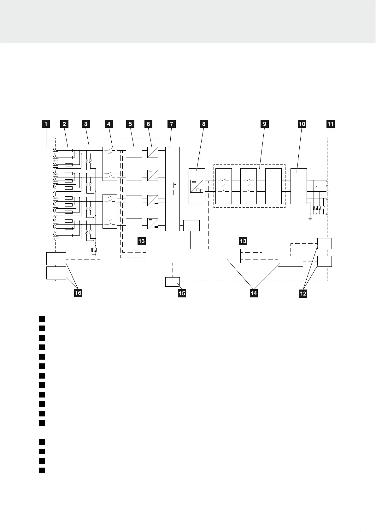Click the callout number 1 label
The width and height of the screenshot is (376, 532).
pyautogui.click(x=46, y=124)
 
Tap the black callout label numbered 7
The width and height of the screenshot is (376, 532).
pyautogui.click(x=172, y=124)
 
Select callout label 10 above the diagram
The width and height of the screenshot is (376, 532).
pyautogui.click(x=302, y=124)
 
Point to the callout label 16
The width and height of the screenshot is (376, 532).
pyautogui.click(x=78, y=293)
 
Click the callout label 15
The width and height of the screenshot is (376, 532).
pyautogui.click(x=182, y=293)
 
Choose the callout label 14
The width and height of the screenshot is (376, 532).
pyautogui.click(x=254, y=293)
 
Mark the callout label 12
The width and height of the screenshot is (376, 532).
pyautogui.click(x=303, y=293)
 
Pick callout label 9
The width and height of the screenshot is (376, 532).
pyautogui.click(x=265, y=124)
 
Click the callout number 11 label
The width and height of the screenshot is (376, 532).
pyautogui.click(x=330, y=124)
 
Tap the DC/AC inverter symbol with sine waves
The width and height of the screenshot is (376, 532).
pyautogui.click(x=197, y=186)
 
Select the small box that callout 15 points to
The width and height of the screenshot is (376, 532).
pyautogui.click(x=173, y=282)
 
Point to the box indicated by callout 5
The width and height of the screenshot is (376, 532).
pyautogui.click(x=134, y=152)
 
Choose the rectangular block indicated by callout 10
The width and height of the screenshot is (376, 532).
pyautogui.click(x=298, y=186)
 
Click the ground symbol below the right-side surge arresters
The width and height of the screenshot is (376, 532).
pyautogui.click(x=310, y=218)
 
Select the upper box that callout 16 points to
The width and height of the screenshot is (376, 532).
pyautogui.click(x=56, y=259)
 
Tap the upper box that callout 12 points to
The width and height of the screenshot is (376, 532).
pyautogui.click(x=324, y=243)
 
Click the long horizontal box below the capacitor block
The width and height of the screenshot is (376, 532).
pyautogui.click(x=193, y=256)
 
